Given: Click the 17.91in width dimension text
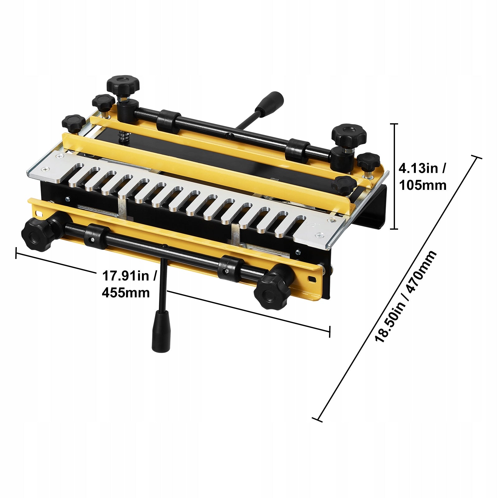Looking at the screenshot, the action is (129, 276).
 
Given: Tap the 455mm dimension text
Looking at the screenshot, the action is (126, 293).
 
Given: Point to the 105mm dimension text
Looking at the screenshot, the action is (423, 185).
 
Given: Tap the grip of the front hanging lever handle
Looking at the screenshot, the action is (161, 331).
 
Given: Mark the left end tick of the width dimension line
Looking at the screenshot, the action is (16, 253).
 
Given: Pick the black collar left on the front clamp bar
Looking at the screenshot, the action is (96, 236).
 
